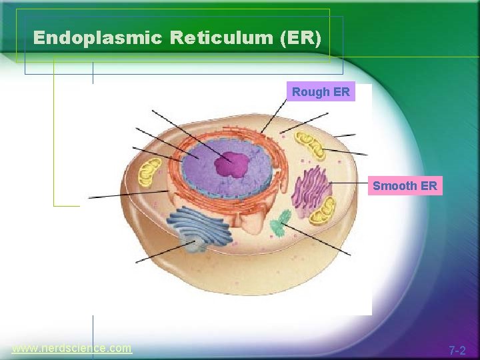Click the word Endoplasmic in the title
click(x=97, y=38)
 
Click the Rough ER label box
click(x=321, y=92)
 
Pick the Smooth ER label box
click(x=405, y=186)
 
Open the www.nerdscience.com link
click(x=72, y=348)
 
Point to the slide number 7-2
click(x=457, y=350)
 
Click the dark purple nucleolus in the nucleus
click(x=231, y=163)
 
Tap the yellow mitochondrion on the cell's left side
click(x=149, y=172)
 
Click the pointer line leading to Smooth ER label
click(x=350, y=182)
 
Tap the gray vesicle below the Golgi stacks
click(x=195, y=246)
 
